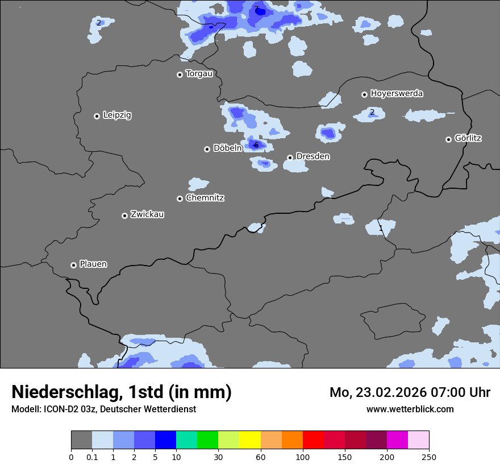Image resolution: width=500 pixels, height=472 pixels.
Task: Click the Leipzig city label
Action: [117, 115]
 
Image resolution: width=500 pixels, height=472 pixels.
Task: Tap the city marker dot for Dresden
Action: [290, 158]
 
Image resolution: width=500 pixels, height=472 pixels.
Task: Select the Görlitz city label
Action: [468, 138]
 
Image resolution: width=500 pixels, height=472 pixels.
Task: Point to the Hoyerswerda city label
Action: [397, 93]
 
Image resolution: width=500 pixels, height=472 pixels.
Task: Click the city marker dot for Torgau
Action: [180, 74]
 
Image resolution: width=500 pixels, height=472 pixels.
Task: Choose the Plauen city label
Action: [93, 264]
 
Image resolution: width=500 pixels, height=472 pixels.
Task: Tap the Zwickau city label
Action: [147, 214]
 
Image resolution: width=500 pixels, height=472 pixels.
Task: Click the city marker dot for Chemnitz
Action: [180, 198]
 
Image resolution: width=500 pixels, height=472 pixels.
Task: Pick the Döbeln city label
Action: [227, 148]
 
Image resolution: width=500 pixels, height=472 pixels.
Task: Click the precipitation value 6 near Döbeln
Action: [256, 146]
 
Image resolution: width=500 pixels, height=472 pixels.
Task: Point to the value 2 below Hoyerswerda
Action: [372, 112]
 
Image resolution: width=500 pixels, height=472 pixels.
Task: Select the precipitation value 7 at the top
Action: [256, 9]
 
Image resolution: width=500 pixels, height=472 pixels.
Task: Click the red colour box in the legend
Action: [313, 440]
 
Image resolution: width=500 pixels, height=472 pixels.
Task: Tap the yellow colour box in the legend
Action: [250, 440]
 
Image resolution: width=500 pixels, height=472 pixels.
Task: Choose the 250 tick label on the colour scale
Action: [429, 457]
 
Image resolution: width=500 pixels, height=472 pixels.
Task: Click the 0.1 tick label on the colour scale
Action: [92, 457]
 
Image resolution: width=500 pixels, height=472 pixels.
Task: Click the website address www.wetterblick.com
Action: [410, 409]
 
